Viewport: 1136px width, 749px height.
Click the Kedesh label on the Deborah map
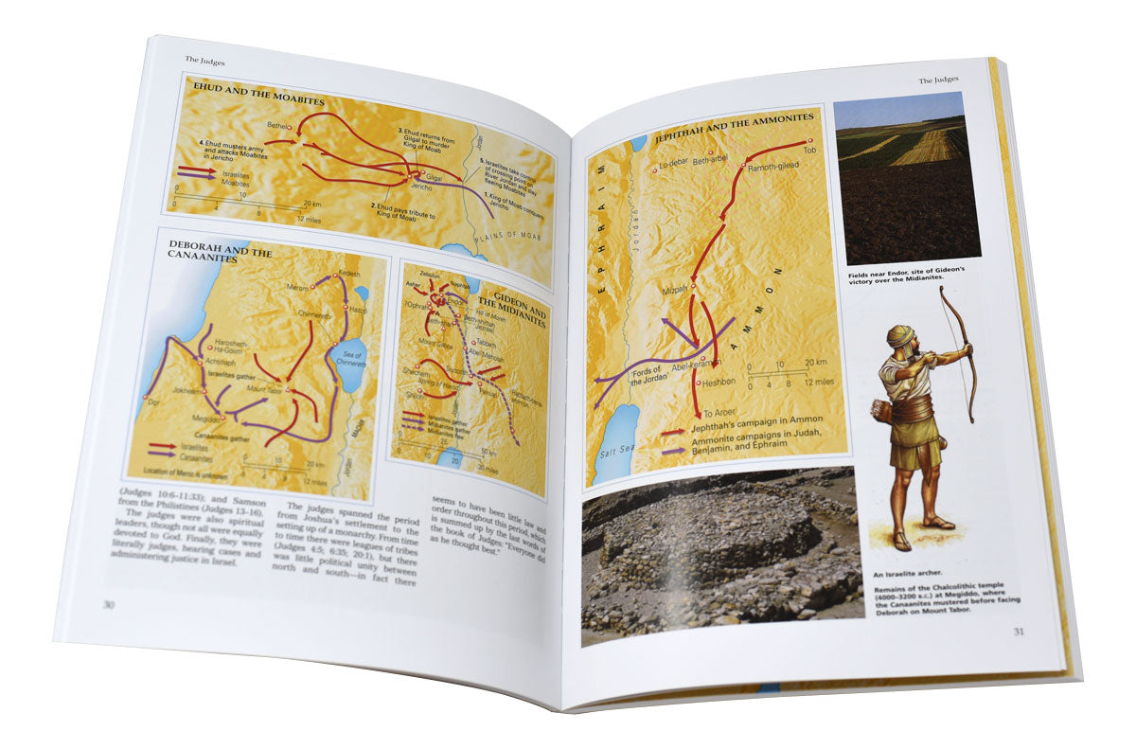click(349, 273)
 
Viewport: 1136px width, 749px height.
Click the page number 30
click(108, 604)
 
